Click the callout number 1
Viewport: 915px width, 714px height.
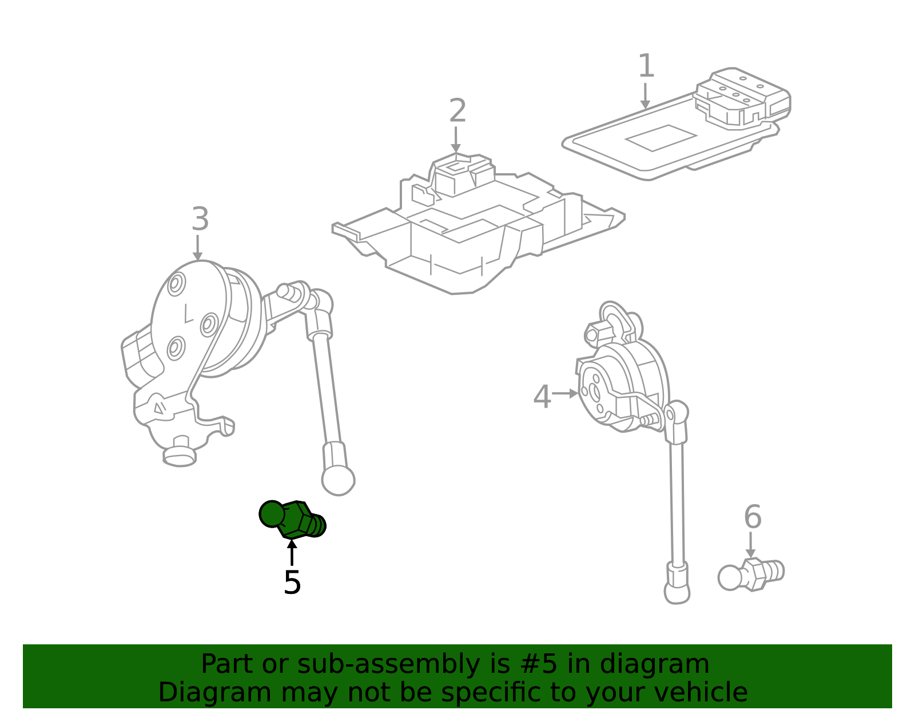tap(646, 66)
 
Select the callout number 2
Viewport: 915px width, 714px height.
tap(457, 110)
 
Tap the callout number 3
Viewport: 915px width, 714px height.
tap(200, 219)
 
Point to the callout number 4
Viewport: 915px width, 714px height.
tap(542, 396)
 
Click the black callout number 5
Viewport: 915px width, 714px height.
tap(292, 583)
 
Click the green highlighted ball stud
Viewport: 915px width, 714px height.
tap(292, 520)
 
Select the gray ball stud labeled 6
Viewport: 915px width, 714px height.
tap(751, 575)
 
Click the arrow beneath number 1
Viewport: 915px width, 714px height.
tap(645, 96)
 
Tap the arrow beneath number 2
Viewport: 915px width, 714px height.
tap(456, 139)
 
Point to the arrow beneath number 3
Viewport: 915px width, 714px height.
tap(197, 248)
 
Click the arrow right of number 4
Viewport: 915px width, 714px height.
tap(565, 393)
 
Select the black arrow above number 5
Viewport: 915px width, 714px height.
tap(292, 552)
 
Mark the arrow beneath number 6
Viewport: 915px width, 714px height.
tap(750, 545)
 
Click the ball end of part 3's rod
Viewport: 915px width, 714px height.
tap(338, 480)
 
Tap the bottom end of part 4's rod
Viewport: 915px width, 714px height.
tap(677, 593)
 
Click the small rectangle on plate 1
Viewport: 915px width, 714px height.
tap(661, 138)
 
